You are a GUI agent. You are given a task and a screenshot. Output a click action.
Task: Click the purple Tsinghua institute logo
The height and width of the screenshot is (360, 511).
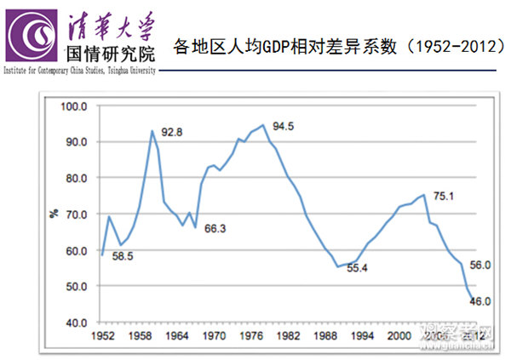pos(31,34)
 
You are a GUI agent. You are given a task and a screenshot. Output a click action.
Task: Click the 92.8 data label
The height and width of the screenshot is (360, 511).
pos(172,131)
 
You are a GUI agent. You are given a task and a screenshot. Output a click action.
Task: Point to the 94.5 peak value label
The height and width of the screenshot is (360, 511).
pos(284,127)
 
